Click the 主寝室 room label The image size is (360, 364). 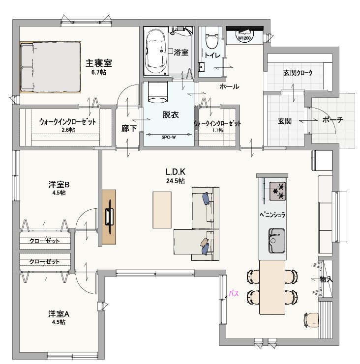pyautogui.click(x=99, y=63)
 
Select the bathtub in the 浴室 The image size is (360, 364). pyautogui.click(x=156, y=51)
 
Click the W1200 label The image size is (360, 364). pyautogui.click(x=244, y=38)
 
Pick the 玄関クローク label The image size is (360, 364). pyautogui.click(x=298, y=73)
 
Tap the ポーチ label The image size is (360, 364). pyautogui.click(x=333, y=120)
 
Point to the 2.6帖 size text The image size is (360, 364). pyautogui.click(x=68, y=130)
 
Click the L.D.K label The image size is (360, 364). pyautogui.click(x=175, y=172)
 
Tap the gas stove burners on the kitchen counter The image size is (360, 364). pyautogui.click(x=277, y=191)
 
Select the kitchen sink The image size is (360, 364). pyautogui.click(x=276, y=240)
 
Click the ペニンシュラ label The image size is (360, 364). pyautogui.click(x=271, y=215)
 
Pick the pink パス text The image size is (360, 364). pyautogui.click(x=235, y=294)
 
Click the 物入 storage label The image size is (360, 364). pyautogui.click(x=326, y=279)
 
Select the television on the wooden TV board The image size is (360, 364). pyautogui.click(x=110, y=217)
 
